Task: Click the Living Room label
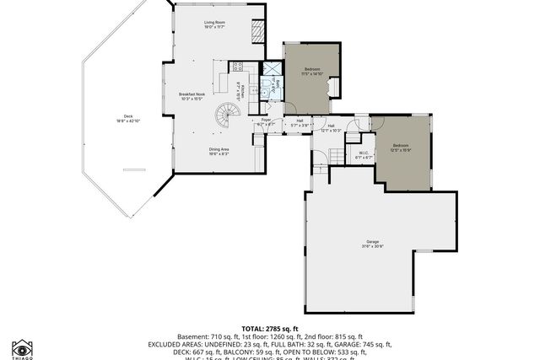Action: tap(213, 24)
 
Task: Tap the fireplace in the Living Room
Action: tap(258, 30)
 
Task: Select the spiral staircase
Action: tap(227, 115)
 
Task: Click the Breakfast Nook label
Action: tap(192, 96)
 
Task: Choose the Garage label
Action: tap(373, 244)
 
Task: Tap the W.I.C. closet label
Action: tap(363, 155)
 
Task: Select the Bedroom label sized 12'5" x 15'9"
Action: tap(401, 148)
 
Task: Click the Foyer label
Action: tap(266, 123)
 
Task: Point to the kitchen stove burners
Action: tap(239, 67)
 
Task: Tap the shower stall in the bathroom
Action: tap(272, 70)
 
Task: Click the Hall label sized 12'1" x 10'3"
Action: tap(331, 127)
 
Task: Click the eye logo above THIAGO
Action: tap(23, 347)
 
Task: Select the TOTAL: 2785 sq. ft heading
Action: tap(270, 328)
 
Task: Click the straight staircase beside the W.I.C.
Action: tap(336, 155)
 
